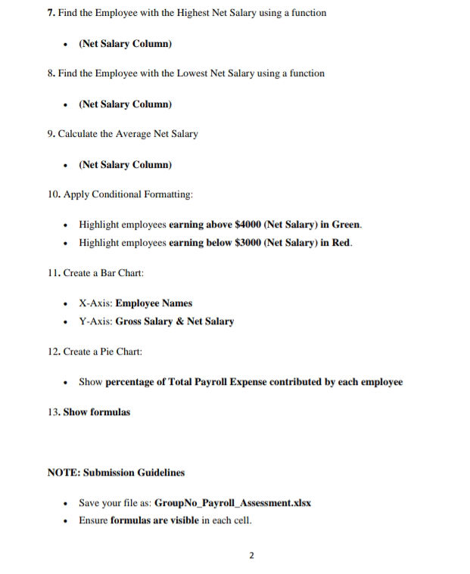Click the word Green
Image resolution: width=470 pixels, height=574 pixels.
pyautogui.click(x=346, y=225)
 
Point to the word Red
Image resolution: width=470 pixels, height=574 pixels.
pyautogui.click(x=341, y=243)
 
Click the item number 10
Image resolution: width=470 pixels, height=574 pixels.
pyautogui.click(x=54, y=194)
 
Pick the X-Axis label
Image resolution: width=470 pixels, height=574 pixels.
pyautogui.click(x=95, y=303)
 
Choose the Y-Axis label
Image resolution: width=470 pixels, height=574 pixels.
pyautogui.click(x=95, y=321)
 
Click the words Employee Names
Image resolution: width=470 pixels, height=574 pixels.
pyautogui.click(x=154, y=303)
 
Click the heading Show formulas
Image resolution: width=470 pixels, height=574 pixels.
pyautogui.click(x=96, y=412)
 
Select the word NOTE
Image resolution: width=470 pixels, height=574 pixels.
pyautogui.click(x=63, y=473)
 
